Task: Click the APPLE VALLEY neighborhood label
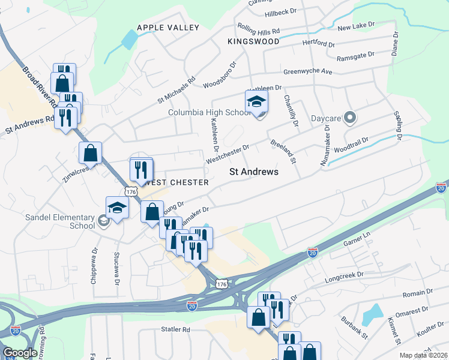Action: point(167,28)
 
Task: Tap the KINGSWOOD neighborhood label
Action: point(253,41)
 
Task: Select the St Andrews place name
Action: point(255,172)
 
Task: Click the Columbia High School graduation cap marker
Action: point(256,101)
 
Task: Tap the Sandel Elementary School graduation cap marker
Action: point(117,208)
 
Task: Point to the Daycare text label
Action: point(325,118)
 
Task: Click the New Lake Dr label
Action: point(355,28)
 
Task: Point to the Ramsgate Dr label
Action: point(355,55)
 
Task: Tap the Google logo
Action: point(19,353)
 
